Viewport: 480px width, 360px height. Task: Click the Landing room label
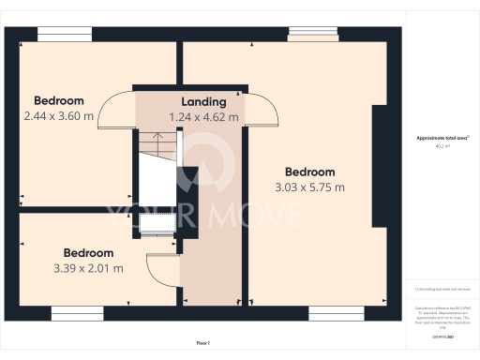pos(203,102)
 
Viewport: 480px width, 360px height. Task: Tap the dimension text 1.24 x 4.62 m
pos(203,117)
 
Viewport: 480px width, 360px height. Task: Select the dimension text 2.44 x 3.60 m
pos(59,116)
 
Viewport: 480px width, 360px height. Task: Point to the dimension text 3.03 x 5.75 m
pos(310,187)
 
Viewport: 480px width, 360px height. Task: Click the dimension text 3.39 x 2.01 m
pos(88,268)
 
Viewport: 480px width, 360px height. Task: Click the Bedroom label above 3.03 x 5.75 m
pos(310,172)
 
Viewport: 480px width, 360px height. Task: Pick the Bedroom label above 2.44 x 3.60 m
pos(59,101)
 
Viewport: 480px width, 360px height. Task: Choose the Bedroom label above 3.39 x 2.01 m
pos(88,253)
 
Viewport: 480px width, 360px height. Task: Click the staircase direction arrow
pos(157,142)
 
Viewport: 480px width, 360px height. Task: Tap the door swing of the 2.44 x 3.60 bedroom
pos(114,109)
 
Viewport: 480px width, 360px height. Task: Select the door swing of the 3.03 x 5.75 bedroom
pos(263,109)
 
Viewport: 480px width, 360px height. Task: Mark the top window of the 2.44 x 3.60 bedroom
pos(65,35)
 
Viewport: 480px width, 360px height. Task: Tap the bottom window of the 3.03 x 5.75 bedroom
pos(336,311)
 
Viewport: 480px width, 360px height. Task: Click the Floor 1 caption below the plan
pos(203,344)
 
